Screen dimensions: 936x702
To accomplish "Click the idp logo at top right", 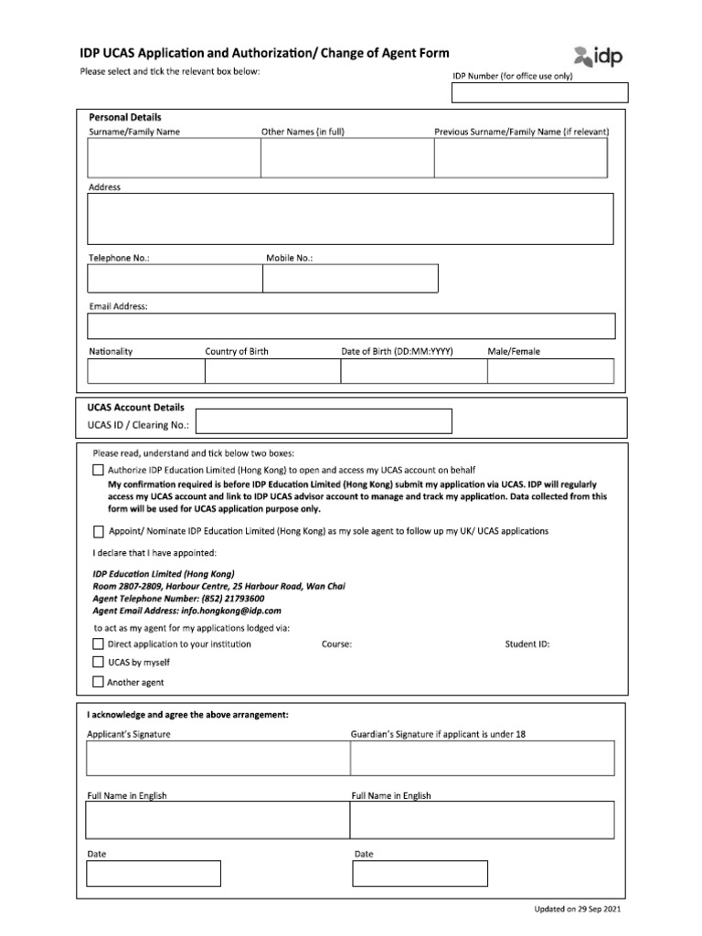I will tap(598, 58).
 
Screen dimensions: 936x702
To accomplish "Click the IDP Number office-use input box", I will tap(539, 93).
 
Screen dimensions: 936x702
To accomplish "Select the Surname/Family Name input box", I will tap(174, 158).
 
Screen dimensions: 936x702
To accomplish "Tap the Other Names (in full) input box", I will tap(346, 158).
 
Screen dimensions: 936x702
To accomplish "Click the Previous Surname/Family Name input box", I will tap(520, 158).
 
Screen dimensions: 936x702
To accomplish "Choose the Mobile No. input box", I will tap(350, 279).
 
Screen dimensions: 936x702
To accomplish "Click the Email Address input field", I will tap(351, 326).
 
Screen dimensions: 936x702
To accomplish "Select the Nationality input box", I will tap(145, 371).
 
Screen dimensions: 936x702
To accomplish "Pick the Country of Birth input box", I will tap(272, 371).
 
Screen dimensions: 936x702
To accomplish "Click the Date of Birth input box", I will tap(413, 371).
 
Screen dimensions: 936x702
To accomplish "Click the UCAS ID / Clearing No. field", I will tap(324, 420).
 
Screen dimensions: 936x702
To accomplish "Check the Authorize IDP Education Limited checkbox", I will tap(99, 470).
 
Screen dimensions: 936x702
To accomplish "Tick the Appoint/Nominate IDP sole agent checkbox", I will tap(99, 531).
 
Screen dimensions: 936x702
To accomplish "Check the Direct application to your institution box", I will tap(99, 643).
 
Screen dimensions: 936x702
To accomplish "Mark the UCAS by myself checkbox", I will tap(99, 662).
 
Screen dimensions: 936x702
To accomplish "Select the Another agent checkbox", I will tap(99, 682).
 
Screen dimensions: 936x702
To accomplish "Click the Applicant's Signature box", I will tap(218, 759).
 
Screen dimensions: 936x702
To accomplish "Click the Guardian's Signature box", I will tap(483, 759).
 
